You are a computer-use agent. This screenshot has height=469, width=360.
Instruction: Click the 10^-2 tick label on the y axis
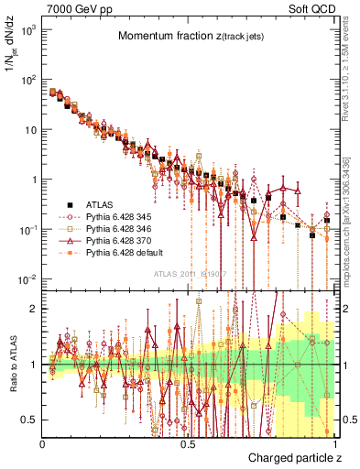(x=27, y=278)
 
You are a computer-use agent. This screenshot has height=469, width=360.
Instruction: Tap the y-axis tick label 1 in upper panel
(x=35, y=179)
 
